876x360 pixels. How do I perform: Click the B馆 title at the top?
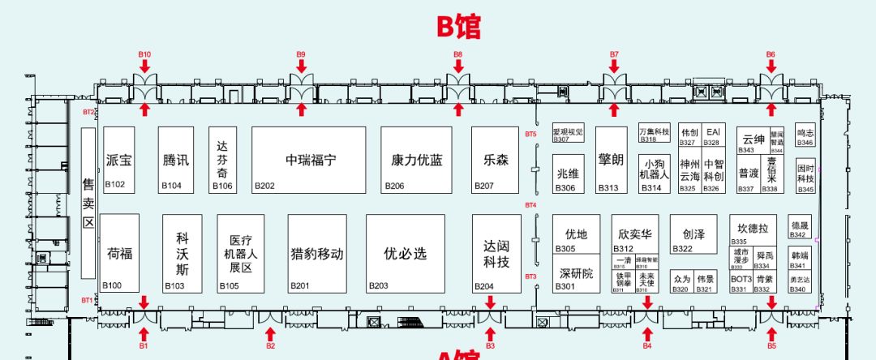tap(459, 25)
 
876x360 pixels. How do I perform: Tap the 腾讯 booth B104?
tap(175, 160)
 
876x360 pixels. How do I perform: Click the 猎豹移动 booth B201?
tap(317, 253)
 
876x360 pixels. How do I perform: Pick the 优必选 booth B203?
tap(405, 253)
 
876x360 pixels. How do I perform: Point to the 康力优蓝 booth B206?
tap(415, 160)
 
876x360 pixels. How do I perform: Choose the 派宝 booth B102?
tap(118, 160)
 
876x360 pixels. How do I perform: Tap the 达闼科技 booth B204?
tap(496, 253)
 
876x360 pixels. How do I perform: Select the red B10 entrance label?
tap(144, 54)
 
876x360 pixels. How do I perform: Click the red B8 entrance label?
tap(457, 54)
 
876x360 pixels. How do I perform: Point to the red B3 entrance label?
tap(490, 345)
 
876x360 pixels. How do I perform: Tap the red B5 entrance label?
tap(771, 345)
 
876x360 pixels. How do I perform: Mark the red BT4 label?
tap(530, 205)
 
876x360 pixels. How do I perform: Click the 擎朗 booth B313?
tap(611, 160)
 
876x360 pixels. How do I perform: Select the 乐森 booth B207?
tap(496, 160)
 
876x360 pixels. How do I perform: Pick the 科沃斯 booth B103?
tap(182, 253)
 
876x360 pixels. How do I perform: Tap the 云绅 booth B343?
tap(753, 139)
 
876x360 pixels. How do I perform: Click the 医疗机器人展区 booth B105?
tap(241, 253)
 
